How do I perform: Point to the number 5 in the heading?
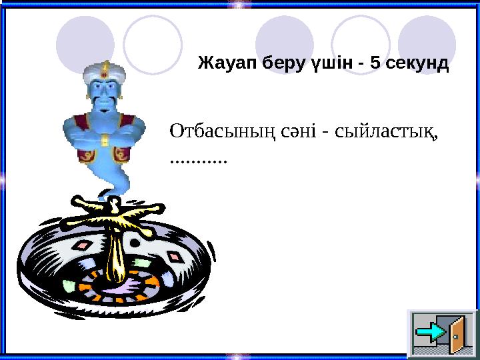[x=375, y=64]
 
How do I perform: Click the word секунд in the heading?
[x=417, y=64]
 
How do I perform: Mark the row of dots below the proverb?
[x=199, y=161]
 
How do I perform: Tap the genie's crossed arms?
[x=103, y=130]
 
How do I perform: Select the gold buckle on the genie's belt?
[x=103, y=142]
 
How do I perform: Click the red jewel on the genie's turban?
[x=104, y=67]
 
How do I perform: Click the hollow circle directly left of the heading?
[x=153, y=43]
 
